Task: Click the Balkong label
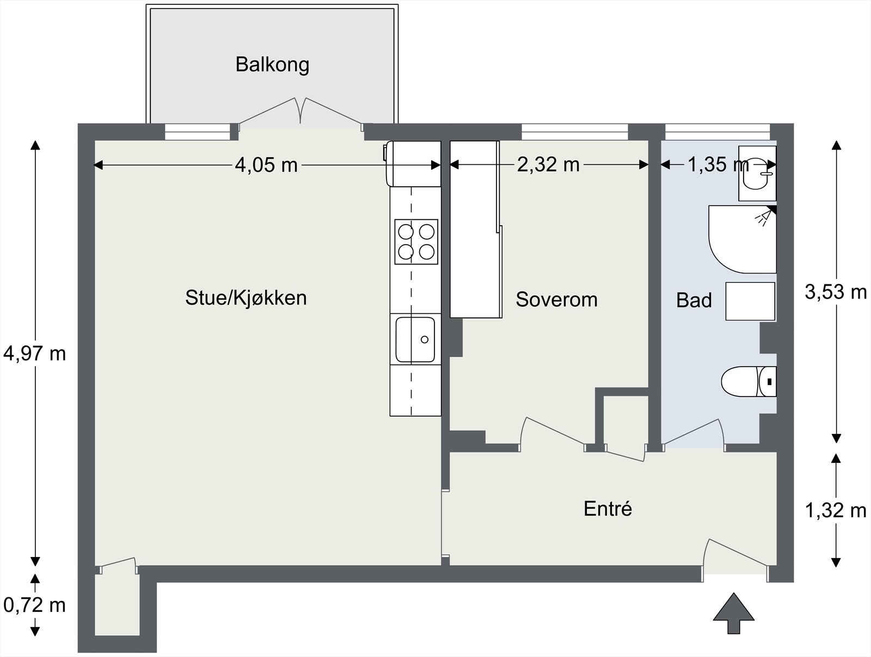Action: [x=272, y=65]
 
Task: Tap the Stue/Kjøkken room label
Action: [x=246, y=297]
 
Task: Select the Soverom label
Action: [x=557, y=300]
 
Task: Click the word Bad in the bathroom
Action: [x=694, y=300]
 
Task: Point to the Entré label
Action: [x=608, y=509]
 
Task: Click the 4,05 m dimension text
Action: [x=266, y=165]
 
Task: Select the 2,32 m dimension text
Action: [x=548, y=164]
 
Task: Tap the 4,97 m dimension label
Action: [x=34, y=354]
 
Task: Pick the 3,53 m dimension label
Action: [x=836, y=292]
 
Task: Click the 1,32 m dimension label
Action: [x=836, y=510]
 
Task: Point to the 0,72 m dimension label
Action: [x=34, y=605]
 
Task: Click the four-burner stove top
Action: [x=416, y=241]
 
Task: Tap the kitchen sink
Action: [x=415, y=339]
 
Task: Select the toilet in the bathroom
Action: [x=749, y=382]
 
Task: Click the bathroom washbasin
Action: [x=758, y=173]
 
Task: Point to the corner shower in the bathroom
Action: [x=743, y=239]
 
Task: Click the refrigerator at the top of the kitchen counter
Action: [x=414, y=164]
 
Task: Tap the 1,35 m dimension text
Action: [x=718, y=164]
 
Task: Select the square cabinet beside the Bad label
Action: [x=750, y=301]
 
